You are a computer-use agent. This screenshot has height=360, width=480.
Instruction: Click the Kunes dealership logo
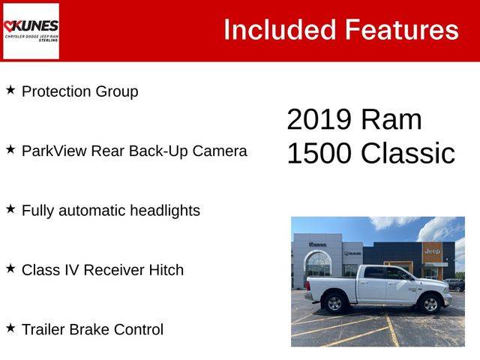click(x=31, y=31)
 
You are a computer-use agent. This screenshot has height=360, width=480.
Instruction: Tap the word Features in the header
click(x=402, y=30)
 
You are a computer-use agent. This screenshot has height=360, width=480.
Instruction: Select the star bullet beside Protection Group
click(x=10, y=90)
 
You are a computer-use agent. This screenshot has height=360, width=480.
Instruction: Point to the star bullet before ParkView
click(x=10, y=150)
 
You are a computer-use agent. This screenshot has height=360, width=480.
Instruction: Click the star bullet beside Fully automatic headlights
click(x=10, y=209)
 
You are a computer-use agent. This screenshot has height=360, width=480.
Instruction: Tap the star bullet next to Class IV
click(x=10, y=268)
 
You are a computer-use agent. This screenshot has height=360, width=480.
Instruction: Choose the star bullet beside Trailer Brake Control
click(x=10, y=328)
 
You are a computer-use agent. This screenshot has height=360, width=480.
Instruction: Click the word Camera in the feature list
click(x=220, y=151)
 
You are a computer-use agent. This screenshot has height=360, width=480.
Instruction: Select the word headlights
click(x=165, y=211)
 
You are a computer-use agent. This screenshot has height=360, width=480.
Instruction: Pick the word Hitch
click(x=166, y=270)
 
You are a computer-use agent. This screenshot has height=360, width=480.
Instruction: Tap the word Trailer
click(x=43, y=329)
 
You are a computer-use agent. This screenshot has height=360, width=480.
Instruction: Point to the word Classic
click(x=408, y=153)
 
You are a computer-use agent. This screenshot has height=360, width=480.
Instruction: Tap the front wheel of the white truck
click(x=430, y=304)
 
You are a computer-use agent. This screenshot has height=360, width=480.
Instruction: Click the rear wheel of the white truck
click(x=334, y=303)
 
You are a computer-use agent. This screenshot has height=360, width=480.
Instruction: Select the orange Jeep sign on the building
click(x=432, y=252)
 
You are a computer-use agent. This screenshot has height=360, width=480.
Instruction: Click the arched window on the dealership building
click(x=318, y=263)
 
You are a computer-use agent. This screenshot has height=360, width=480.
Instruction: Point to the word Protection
click(x=56, y=91)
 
